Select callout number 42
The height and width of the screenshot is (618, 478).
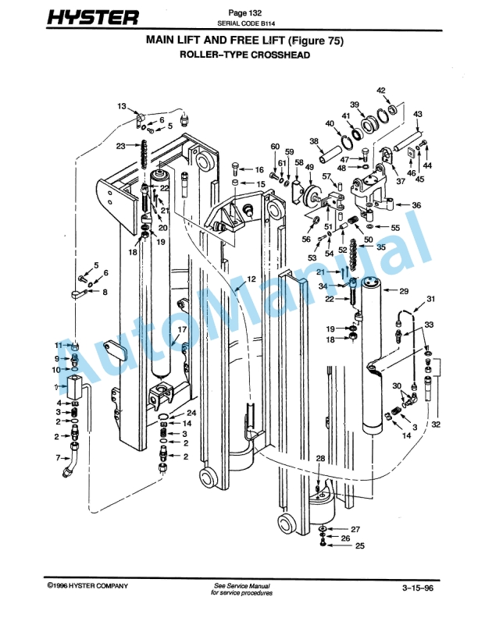pyautogui.click(x=382, y=91)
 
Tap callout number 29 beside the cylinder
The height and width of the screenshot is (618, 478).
pyautogui.click(x=404, y=291)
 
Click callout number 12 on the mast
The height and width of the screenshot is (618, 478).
pyautogui.click(x=251, y=279)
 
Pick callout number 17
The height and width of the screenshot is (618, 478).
pyautogui.click(x=181, y=330)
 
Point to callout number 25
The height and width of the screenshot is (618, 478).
pyautogui.click(x=359, y=546)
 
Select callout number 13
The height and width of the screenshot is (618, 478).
pyautogui.click(x=122, y=105)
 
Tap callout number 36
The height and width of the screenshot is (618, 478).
pyautogui.click(x=416, y=204)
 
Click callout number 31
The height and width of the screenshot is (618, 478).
pyautogui.click(x=430, y=299)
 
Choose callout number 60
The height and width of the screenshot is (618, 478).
pyautogui.click(x=275, y=147)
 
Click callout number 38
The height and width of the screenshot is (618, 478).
pyautogui.click(x=315, y=141)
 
